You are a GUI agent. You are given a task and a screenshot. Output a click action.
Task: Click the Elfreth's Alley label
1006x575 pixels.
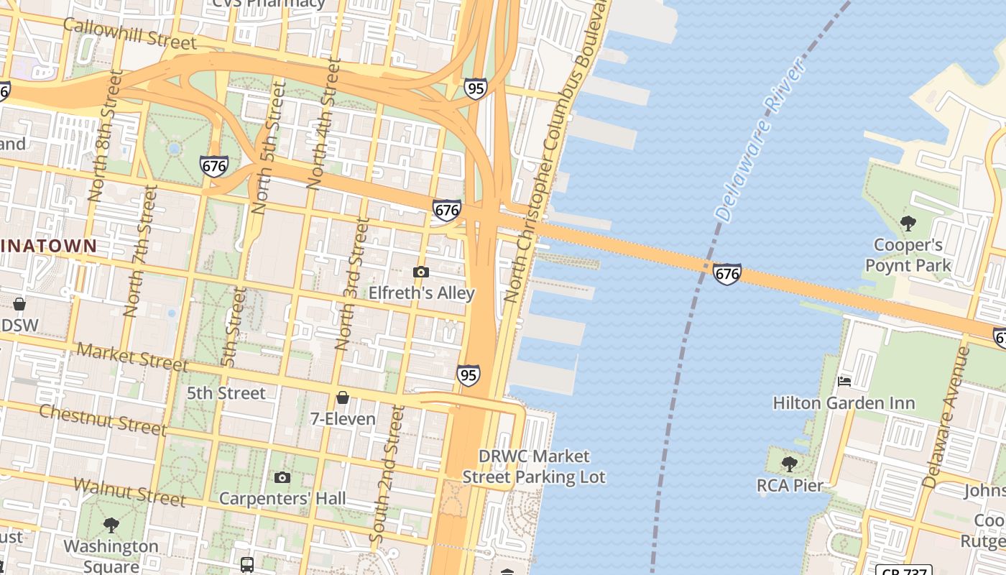point(422,293)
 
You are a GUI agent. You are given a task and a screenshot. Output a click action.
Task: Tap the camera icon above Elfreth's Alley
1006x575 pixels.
point(421,272)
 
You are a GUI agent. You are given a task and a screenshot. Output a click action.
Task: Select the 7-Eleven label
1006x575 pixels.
point(343,418)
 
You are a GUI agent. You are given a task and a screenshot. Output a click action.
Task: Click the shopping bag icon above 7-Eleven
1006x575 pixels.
point(343,397)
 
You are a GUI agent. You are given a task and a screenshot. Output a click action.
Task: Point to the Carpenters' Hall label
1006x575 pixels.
point(282,498)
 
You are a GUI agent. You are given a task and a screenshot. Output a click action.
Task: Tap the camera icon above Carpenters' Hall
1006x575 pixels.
point(282,477)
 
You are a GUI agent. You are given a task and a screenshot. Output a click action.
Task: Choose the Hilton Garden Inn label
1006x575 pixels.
point(844,403)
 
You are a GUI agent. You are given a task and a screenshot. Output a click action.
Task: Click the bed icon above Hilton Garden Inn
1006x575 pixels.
point(844,381)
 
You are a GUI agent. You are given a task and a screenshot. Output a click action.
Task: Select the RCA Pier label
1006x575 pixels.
point(790,486)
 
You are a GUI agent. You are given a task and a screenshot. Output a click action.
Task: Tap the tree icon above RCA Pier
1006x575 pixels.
point(790,464)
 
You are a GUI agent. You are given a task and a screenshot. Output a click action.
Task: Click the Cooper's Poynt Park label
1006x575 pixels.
point(908,255)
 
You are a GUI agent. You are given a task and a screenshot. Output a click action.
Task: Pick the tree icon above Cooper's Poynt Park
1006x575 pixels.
point(908,223)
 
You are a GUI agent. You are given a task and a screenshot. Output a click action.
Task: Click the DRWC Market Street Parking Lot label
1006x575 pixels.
point(534,466)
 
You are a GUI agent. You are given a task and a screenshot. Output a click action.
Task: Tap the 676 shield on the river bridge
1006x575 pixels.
point(727,274)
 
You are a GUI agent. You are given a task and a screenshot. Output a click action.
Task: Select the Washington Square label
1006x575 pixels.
point(111,556)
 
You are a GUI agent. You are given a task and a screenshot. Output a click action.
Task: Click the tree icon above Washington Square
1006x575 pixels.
point(111,525)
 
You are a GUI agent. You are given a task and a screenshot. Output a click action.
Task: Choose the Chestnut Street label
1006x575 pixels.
point(103,420)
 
